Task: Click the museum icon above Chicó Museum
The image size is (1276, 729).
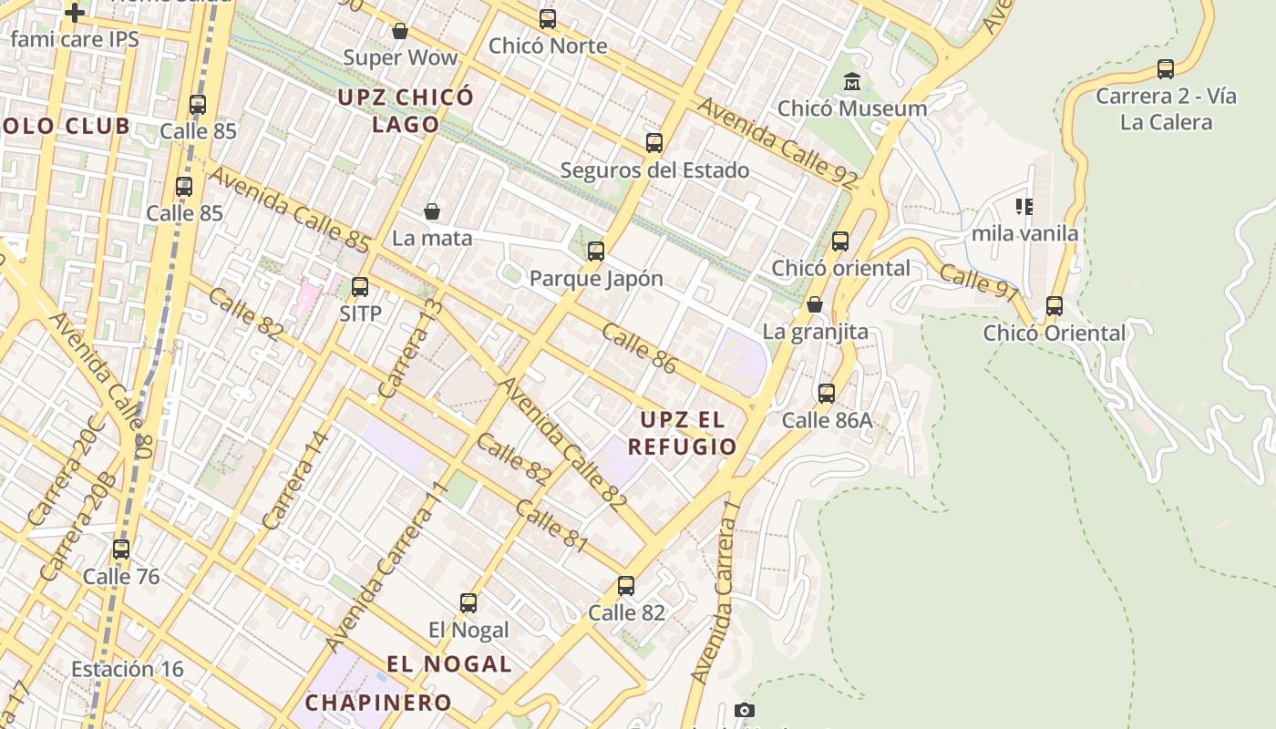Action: pyautogui.click(x=852, y=81)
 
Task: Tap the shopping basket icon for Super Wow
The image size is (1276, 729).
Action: pyautogui.click(x=399, y=32)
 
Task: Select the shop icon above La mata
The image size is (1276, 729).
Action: pyautogui.click(x=432, y=211)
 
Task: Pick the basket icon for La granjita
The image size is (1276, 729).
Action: pyautogui.click(x=815, y=304)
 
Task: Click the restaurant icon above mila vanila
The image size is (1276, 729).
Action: pyautogui.click(x=1024, y=207)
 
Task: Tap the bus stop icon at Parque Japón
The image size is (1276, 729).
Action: pyautogui.click(x=596, y=252)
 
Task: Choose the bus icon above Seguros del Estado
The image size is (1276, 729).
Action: pyautogui.click(x=654, y=143)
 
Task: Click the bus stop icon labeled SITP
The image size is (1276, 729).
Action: pyautogui.click(x=360, y=287)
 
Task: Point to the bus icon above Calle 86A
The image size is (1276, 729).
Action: pyautogui.click(x=827, y=394)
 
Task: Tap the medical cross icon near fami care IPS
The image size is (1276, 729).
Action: pyautogui.click(x=75, y=13)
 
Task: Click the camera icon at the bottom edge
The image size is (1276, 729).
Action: pyautogui.click(x=745, y=711)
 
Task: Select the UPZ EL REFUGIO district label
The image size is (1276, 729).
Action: pyautogui.click(x=682, y=434)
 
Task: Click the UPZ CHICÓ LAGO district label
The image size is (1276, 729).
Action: pyautogui.click(x=406, y=110)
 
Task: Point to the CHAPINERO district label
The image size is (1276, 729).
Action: pyautogui.click(x=378, y=703)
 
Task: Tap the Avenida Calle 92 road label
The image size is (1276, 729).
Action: pyautogui.click(x=777, y=143)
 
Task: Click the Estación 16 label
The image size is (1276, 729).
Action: pyautogui.click(x=128, y=669)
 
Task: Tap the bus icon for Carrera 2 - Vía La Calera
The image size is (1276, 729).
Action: pyautogui.click(x=1166, y=69)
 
